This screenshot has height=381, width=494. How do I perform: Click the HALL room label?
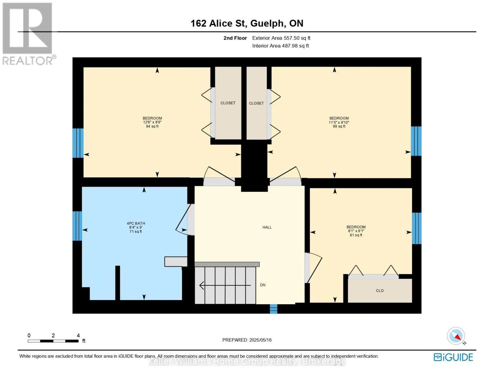(x=267, y=227)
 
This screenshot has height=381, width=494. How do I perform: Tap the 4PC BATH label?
(x=136, y=223)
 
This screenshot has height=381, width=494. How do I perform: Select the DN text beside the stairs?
(x=262, y=285)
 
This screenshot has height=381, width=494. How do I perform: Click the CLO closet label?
(x=380, y=291)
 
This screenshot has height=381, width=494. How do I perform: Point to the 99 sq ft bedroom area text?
(x=339, y=126)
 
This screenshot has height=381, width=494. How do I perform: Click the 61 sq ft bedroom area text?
(x=356, y=235)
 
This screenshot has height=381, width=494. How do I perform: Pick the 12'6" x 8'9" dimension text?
(x=152, y=122)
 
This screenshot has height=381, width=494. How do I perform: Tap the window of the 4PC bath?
(x=77, y=226)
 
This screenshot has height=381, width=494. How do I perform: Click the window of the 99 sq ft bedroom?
(x=416, y=141)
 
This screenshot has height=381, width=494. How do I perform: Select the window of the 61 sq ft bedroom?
(x=416, y=228)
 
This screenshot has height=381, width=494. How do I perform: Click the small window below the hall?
(x=274, y=309)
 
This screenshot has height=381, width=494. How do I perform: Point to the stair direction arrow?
(x=225, y=285)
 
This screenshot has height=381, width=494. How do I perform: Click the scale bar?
(x=53, y=341)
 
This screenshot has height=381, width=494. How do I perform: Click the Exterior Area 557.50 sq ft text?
(x=281, y=38)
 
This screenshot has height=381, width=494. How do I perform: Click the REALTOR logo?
(x=29, y=34)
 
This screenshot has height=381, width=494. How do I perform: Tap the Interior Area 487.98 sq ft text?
(x=281, y=46)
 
